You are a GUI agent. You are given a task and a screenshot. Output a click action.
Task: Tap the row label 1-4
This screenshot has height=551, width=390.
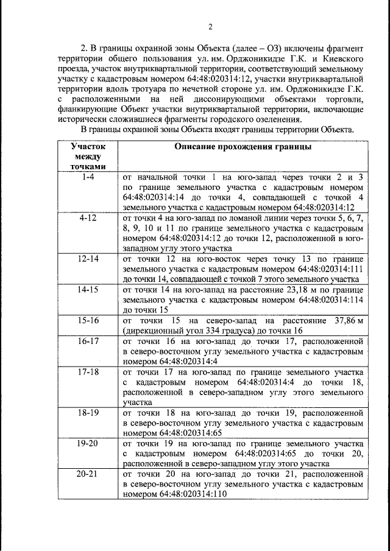87,177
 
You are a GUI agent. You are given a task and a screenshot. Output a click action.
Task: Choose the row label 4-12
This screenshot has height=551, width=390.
87,218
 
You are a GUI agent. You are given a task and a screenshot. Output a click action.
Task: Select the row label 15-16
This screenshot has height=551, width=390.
87,320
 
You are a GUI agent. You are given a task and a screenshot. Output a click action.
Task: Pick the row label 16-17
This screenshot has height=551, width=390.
87,341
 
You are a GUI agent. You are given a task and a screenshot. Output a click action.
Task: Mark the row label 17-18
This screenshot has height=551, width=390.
87,371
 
